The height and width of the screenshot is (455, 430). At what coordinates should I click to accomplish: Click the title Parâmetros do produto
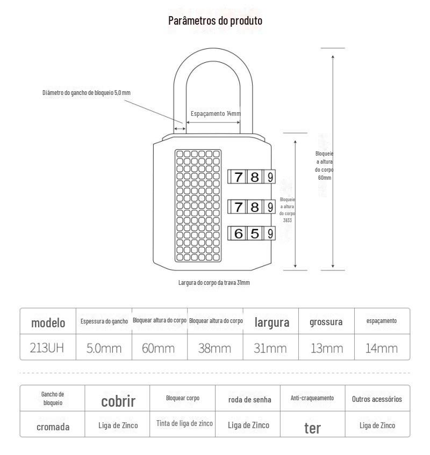pyautogui.click(x=215, y=21)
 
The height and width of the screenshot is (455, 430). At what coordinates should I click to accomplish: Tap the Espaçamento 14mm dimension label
pyautogui.click(x=216, y=114)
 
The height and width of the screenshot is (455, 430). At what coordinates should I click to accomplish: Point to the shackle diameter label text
pyautogui.click(x=87, y=93)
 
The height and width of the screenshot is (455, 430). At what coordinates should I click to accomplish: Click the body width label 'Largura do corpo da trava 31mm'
pyautogui.click(x=214, y=283)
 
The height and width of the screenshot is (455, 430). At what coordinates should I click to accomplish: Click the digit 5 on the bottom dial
pyautogui.click(x=255, y=233)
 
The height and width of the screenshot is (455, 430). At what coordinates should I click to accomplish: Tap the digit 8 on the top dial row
pyautogui.click(x=255, y=177)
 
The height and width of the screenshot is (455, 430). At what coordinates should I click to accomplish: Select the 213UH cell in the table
pyautogui.click(x=48, y=348)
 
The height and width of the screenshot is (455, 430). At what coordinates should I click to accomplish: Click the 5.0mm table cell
pyautogui.click(x=104, y=348)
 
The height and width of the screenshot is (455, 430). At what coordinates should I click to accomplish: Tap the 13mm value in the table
pyautogui.click(x=327, y=348)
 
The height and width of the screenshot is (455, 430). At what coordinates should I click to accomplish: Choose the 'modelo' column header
pyautogui.click(x=48, y=322)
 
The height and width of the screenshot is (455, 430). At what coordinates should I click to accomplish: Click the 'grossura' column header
pyautogui.click(x=326, y=322)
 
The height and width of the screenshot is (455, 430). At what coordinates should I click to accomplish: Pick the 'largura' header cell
pyautogui.click(x=271, y=322)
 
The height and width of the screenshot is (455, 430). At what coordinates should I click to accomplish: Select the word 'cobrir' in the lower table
pyautogui.click(x=118, y=401)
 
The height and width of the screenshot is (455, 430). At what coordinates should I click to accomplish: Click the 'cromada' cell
pyautogui.click(x=53, y=427)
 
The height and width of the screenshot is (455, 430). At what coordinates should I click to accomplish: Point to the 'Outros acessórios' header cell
pyautogui.click(x=377, y=399)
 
